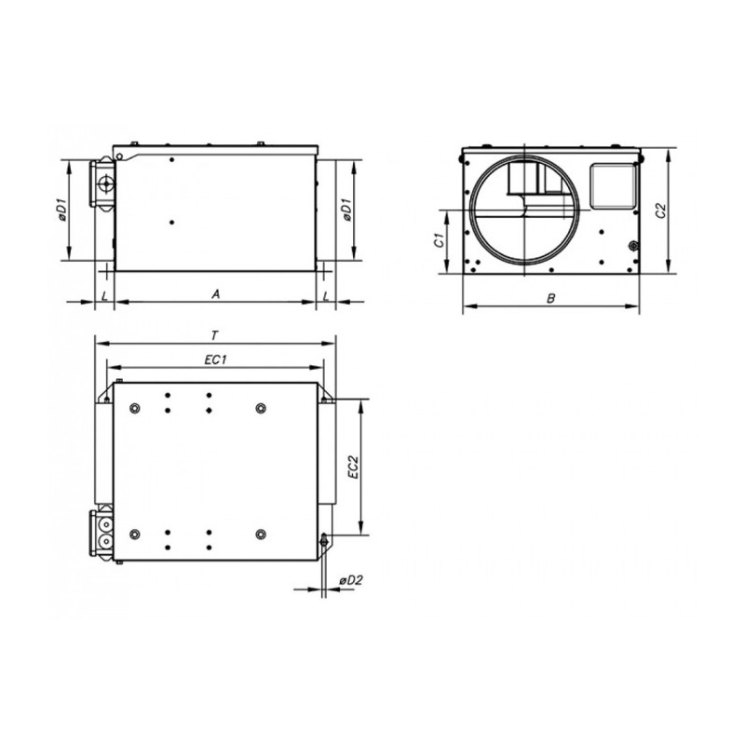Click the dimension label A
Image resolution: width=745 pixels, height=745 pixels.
(x=216, y=294)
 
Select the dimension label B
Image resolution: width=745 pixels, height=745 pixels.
(x=550, y=298)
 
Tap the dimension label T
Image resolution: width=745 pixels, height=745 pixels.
(x=215, y=336)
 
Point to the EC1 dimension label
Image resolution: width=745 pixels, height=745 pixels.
(x=215, y=360)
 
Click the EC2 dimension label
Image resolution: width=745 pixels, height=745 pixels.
(x=354, y=467)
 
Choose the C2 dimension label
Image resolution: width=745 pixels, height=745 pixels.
(x=661, y=211)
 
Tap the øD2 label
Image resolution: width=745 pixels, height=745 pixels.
(x=351, y=580)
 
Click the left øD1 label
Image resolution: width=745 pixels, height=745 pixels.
(x=61, y=210)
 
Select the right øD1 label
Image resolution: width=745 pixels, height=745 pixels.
(x=346, y=210)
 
